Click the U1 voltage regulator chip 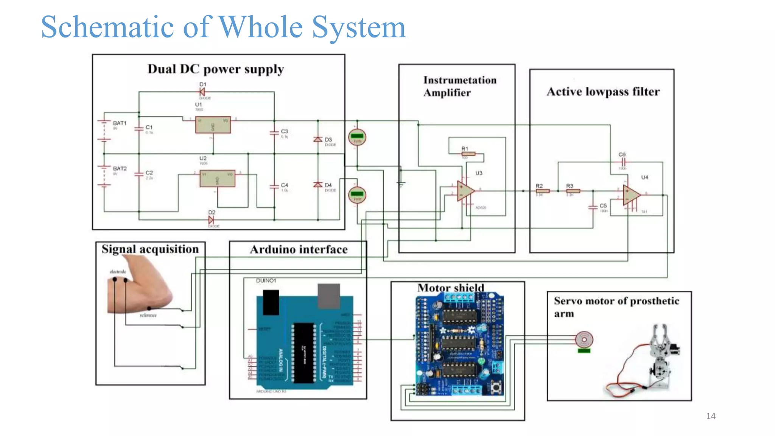coord(213,125)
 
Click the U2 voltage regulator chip coord(217,179)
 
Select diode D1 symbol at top coord(202,92)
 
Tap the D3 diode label coord(328,140)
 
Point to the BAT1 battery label coord(120,123)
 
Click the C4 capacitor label coord(285,185)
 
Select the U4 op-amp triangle coord(631,195)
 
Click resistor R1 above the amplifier coord(468,154)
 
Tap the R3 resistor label coord(570,186)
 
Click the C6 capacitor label coord(622,154)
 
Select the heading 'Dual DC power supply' coord(216,69)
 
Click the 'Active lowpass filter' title coord(603,92)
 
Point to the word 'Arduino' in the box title coord(273,249)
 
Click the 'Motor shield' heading coord(450,288)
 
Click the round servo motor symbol coord(584,339)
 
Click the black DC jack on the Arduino coord(271,302)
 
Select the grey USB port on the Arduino coord(328,296)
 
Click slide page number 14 coord(710,416)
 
